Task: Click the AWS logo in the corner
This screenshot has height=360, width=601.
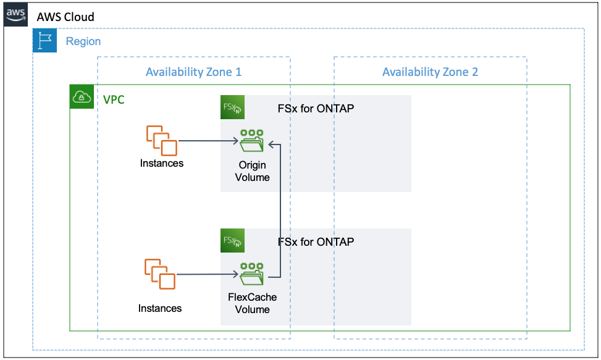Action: (16, 15)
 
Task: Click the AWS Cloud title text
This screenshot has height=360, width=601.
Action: (65, 17)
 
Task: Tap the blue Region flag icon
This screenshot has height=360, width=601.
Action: (44, 41)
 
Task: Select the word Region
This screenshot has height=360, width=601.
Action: (83, 41)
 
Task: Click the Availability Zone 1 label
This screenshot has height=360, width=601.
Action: (193, 72)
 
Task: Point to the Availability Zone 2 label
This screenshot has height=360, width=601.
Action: (430, 72)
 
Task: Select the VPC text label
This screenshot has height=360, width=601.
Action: (114, 99)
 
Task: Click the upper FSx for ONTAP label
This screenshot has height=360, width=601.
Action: (316, 109)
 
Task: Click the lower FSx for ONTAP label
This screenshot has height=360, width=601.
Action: (316, 241)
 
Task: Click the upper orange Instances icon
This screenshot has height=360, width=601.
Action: (161, 141)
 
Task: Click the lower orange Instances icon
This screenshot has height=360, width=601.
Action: (160, 274)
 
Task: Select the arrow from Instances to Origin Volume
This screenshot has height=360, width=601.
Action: (208, 141)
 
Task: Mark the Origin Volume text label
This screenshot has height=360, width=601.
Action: (252, 171)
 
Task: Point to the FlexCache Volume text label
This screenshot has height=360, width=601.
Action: (252, 303)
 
